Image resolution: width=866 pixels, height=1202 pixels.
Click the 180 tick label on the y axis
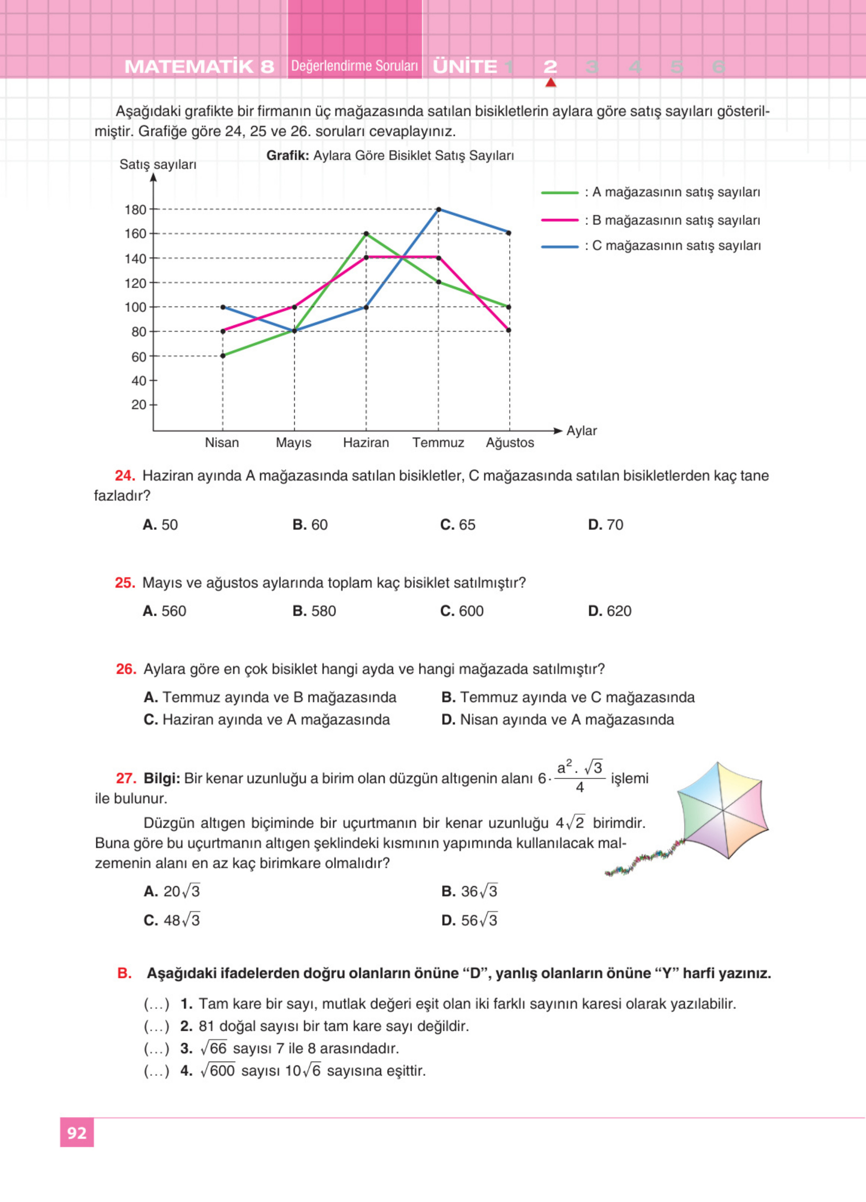[x=135, y=210]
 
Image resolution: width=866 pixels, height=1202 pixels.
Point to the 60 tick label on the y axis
[x=138, y=357]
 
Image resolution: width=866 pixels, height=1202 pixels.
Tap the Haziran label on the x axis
[x=366, y=442]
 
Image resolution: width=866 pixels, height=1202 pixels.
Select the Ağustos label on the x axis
[x=510, y=442]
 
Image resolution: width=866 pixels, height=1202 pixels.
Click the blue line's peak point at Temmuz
[x=438, y=209]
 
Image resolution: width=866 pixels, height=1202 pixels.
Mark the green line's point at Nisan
[x=223, y=356]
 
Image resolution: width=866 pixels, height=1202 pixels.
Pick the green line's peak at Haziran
[x=366, y=234]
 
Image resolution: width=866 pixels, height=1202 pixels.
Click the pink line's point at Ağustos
[x=509, y=330]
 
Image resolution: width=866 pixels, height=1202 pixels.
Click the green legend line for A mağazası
[x=559, y=193]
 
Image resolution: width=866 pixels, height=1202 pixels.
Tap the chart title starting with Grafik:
[x=390, y=155]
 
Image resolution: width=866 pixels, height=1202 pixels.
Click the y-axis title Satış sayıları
[x=157, y=164]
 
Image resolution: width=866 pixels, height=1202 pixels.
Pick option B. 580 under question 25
[x=314, y=611]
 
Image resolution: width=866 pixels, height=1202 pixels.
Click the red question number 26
[x=126, y=669]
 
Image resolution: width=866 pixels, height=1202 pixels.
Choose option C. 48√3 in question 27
[x=171, y=920]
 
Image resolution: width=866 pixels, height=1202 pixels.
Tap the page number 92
[x=77, y=1133]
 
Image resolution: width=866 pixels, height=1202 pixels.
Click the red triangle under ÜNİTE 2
[x=550, y=83]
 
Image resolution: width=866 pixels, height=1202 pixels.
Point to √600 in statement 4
[x=218, y=1071]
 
